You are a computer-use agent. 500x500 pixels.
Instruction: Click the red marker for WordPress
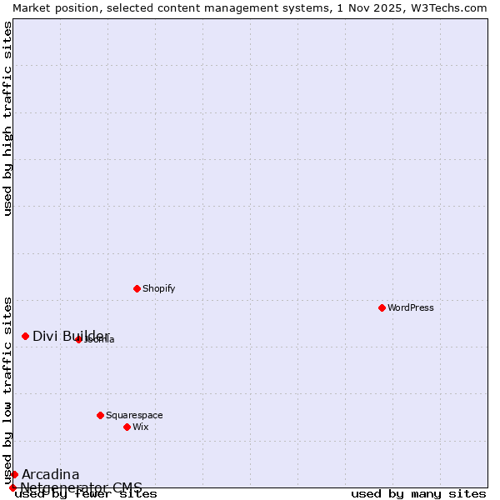pyautogui.click(x=382, y=307)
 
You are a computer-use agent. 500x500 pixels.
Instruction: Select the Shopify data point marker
pyautogui.click(x=137, y=288)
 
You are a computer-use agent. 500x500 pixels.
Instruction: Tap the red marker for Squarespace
pyautogui.click(x=100, y=415)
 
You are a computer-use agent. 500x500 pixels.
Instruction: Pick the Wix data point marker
pyautogui.click(x=127, y=427)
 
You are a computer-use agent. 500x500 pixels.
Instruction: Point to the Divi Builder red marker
pyautogui.click(x=25, y=336)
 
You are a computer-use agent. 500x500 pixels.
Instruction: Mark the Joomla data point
pyautogui.click(x=78, y=339)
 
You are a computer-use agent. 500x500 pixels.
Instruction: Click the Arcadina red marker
pyautogui.click(x=14, y=474)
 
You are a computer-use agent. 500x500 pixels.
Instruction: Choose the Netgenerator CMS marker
pyautogui.click(x=12, y=487)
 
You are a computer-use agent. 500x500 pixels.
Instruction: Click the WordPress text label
pyautogui.click(x=411, y=307)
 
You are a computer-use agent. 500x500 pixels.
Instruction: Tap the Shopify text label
pyautogui.click(x=158, y=288)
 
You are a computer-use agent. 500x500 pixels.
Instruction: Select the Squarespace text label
pyautogui.click(x=134, y=415)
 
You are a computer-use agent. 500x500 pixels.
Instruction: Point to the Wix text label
pyautogui.click(x=140, y=427)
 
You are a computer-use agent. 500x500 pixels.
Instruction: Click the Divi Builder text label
pyautogui.click(x=71, y=336)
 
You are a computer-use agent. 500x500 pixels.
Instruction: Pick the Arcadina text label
pyautogui.click(x=50, y=474)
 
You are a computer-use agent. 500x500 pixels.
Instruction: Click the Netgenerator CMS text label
pyautogui.click(x=81, y=487)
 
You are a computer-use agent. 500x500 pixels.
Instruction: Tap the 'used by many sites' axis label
pyautogui.click(x=418, y=494)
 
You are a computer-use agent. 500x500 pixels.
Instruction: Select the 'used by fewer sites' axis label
pyautogui.click(x=86, y=494)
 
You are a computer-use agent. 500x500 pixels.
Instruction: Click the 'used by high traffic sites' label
pyautogui.click(x=8, y=118)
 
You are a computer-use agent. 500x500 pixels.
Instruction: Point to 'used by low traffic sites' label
pyautogui.click(x=8, y=390)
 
